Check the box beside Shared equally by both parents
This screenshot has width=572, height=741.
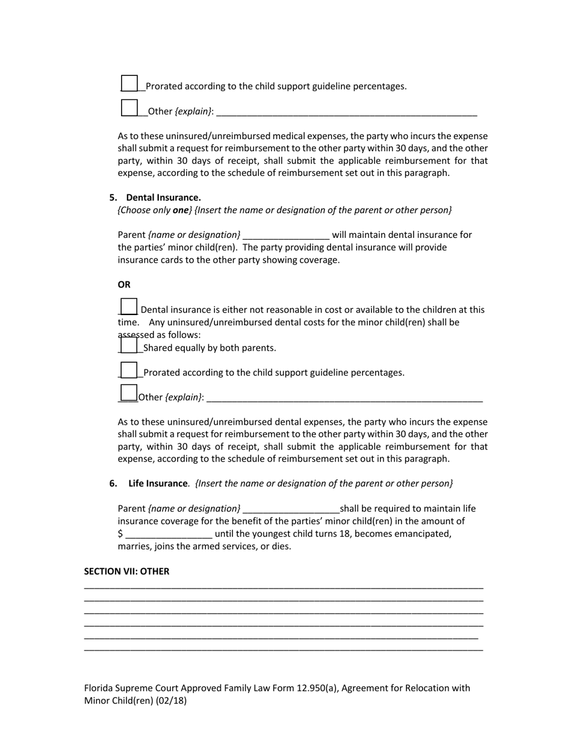(129, 345)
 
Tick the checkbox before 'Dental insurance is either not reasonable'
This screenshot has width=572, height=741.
(129, 307)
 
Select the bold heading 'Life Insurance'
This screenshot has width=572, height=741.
(158, 483)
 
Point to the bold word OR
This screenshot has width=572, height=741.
(124, 284)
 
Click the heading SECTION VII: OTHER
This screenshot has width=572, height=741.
(126, 571)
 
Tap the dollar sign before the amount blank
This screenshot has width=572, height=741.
(120, 534)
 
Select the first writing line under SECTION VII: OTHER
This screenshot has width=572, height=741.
(283, 587)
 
